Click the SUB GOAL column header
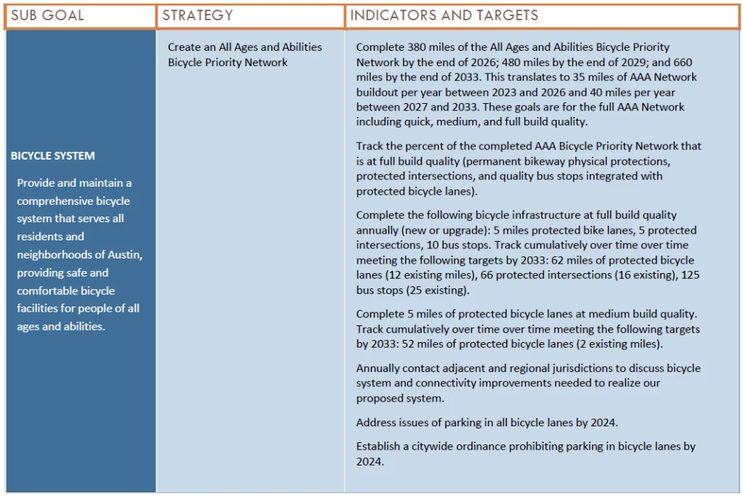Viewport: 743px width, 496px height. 47,15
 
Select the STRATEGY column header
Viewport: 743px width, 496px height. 197,15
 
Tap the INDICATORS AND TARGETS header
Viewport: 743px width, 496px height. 444,15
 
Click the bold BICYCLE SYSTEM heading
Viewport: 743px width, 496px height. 53,155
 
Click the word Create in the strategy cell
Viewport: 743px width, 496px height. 184,47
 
